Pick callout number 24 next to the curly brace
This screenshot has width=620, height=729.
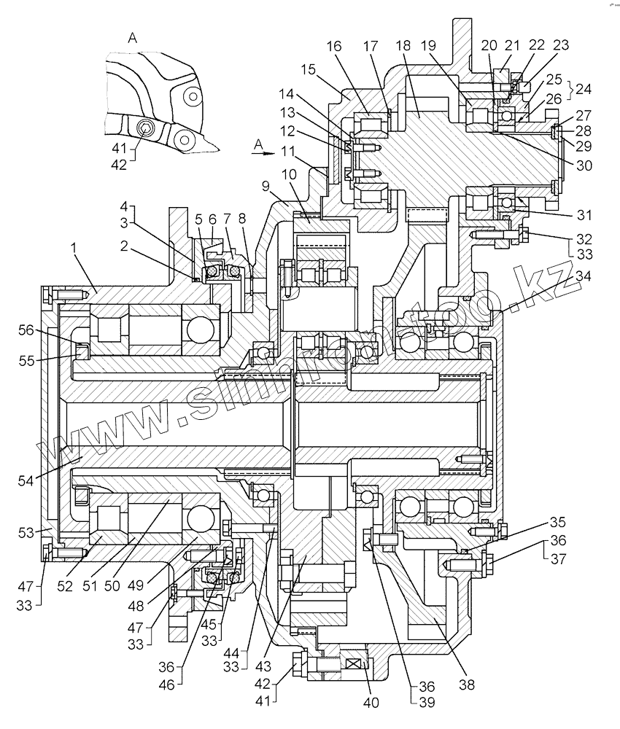tap(584, 89)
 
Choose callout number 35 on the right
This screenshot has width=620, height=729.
tap(558, 521)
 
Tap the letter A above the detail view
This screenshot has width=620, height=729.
tap(132, 38)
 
